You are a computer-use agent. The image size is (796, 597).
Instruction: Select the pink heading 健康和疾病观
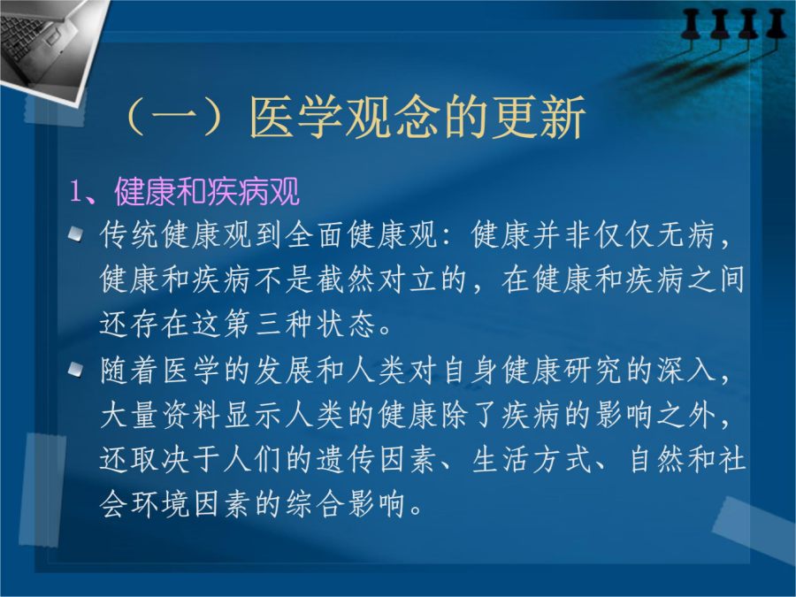pyautogui.click(x=207, y=192)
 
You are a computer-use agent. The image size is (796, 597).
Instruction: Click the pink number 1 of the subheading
pyautogui.click(x=76, y=192)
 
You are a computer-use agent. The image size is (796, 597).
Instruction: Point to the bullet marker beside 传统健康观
pyautogui.click(x=76, y=234)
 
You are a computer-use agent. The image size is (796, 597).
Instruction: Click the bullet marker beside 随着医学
pyautogui.click(x=76, y=370)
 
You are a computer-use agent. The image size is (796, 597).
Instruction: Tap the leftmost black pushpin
pyautogui.click(x=692, y=25)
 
